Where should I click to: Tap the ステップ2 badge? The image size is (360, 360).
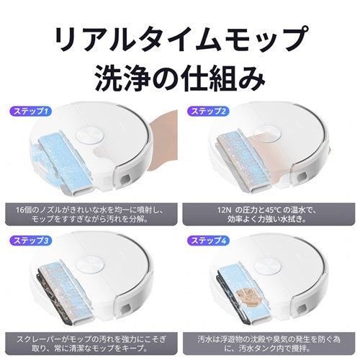pyautogui.click(x=208, y=112)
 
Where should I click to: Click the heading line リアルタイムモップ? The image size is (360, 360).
pyautogui.click(x=180, y=35)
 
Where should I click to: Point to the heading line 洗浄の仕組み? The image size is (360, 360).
pyautogui.click(x=180, y=75)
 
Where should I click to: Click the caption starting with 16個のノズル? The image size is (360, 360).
pyautogui.click(x=90, y=213)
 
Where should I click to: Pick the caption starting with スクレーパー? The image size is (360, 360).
pyautogui.click(x=90, y=340)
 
